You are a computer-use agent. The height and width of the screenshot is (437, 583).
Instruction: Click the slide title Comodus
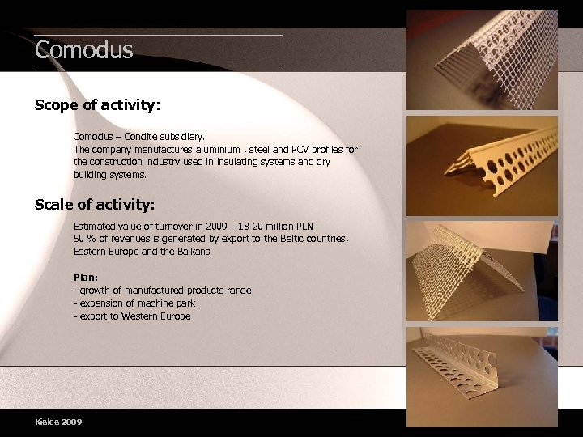coord(83,50)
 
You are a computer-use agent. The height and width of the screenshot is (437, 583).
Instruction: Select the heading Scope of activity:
coord(98,105)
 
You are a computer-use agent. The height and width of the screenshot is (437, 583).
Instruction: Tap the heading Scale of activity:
coord(95,204)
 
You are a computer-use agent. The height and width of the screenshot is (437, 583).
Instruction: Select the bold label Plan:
coord(86,277)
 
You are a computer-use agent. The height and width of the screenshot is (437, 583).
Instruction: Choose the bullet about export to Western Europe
coord(132,316)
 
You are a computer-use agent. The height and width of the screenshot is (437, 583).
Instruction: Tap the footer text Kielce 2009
coord(58,422)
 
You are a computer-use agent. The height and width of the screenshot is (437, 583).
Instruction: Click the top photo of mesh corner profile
coord(482,61)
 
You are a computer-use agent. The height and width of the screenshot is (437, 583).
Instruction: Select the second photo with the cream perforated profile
coord(482,166)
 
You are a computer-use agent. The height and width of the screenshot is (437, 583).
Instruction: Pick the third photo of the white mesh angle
coord(482,271)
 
